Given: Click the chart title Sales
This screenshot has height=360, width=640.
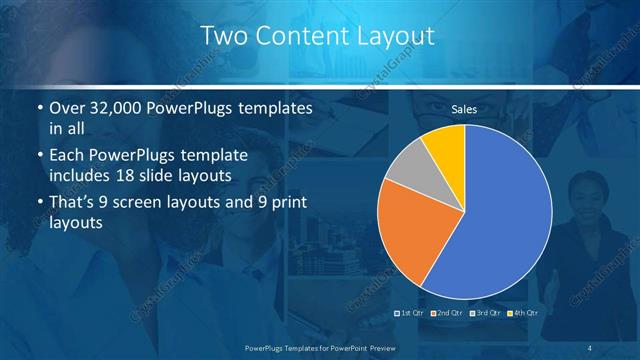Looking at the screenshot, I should pyautogui.click(x=464, y=108).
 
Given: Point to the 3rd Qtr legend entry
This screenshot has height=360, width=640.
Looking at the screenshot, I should pyautogui.click(x=483, y=313).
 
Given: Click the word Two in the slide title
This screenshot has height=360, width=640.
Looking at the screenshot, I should pyautogui.click(x=223, y=37).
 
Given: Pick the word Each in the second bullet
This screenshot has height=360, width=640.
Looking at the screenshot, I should pyautogui.click(x=68, y=156).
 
